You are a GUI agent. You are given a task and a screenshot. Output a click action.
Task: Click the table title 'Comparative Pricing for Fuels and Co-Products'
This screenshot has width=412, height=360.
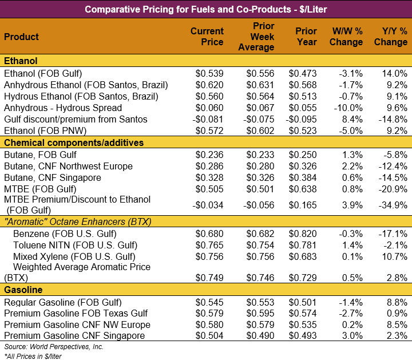coord(205,9)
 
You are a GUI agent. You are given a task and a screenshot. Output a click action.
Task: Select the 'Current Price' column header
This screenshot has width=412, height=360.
coord(207,37)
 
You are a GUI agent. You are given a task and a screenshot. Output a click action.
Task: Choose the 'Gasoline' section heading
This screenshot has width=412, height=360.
coord(23,290)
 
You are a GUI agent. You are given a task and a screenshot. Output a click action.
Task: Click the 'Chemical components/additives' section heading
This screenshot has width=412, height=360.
coord(74,143)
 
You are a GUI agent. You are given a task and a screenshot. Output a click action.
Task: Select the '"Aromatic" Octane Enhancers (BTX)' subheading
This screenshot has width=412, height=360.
coord(77,221)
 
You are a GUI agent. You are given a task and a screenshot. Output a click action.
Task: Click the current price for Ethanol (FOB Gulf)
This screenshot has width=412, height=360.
coord(209,73)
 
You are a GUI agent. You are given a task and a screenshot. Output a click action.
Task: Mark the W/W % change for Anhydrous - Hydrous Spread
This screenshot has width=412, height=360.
coord(347,108)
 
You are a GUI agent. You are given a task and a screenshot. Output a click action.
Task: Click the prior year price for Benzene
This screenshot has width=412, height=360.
coord(303,234)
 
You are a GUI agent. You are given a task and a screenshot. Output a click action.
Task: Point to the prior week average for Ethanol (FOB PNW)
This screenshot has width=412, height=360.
coord(260,130)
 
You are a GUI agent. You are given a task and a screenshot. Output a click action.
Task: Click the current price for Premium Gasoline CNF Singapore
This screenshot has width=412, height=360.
coord(209,335)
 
